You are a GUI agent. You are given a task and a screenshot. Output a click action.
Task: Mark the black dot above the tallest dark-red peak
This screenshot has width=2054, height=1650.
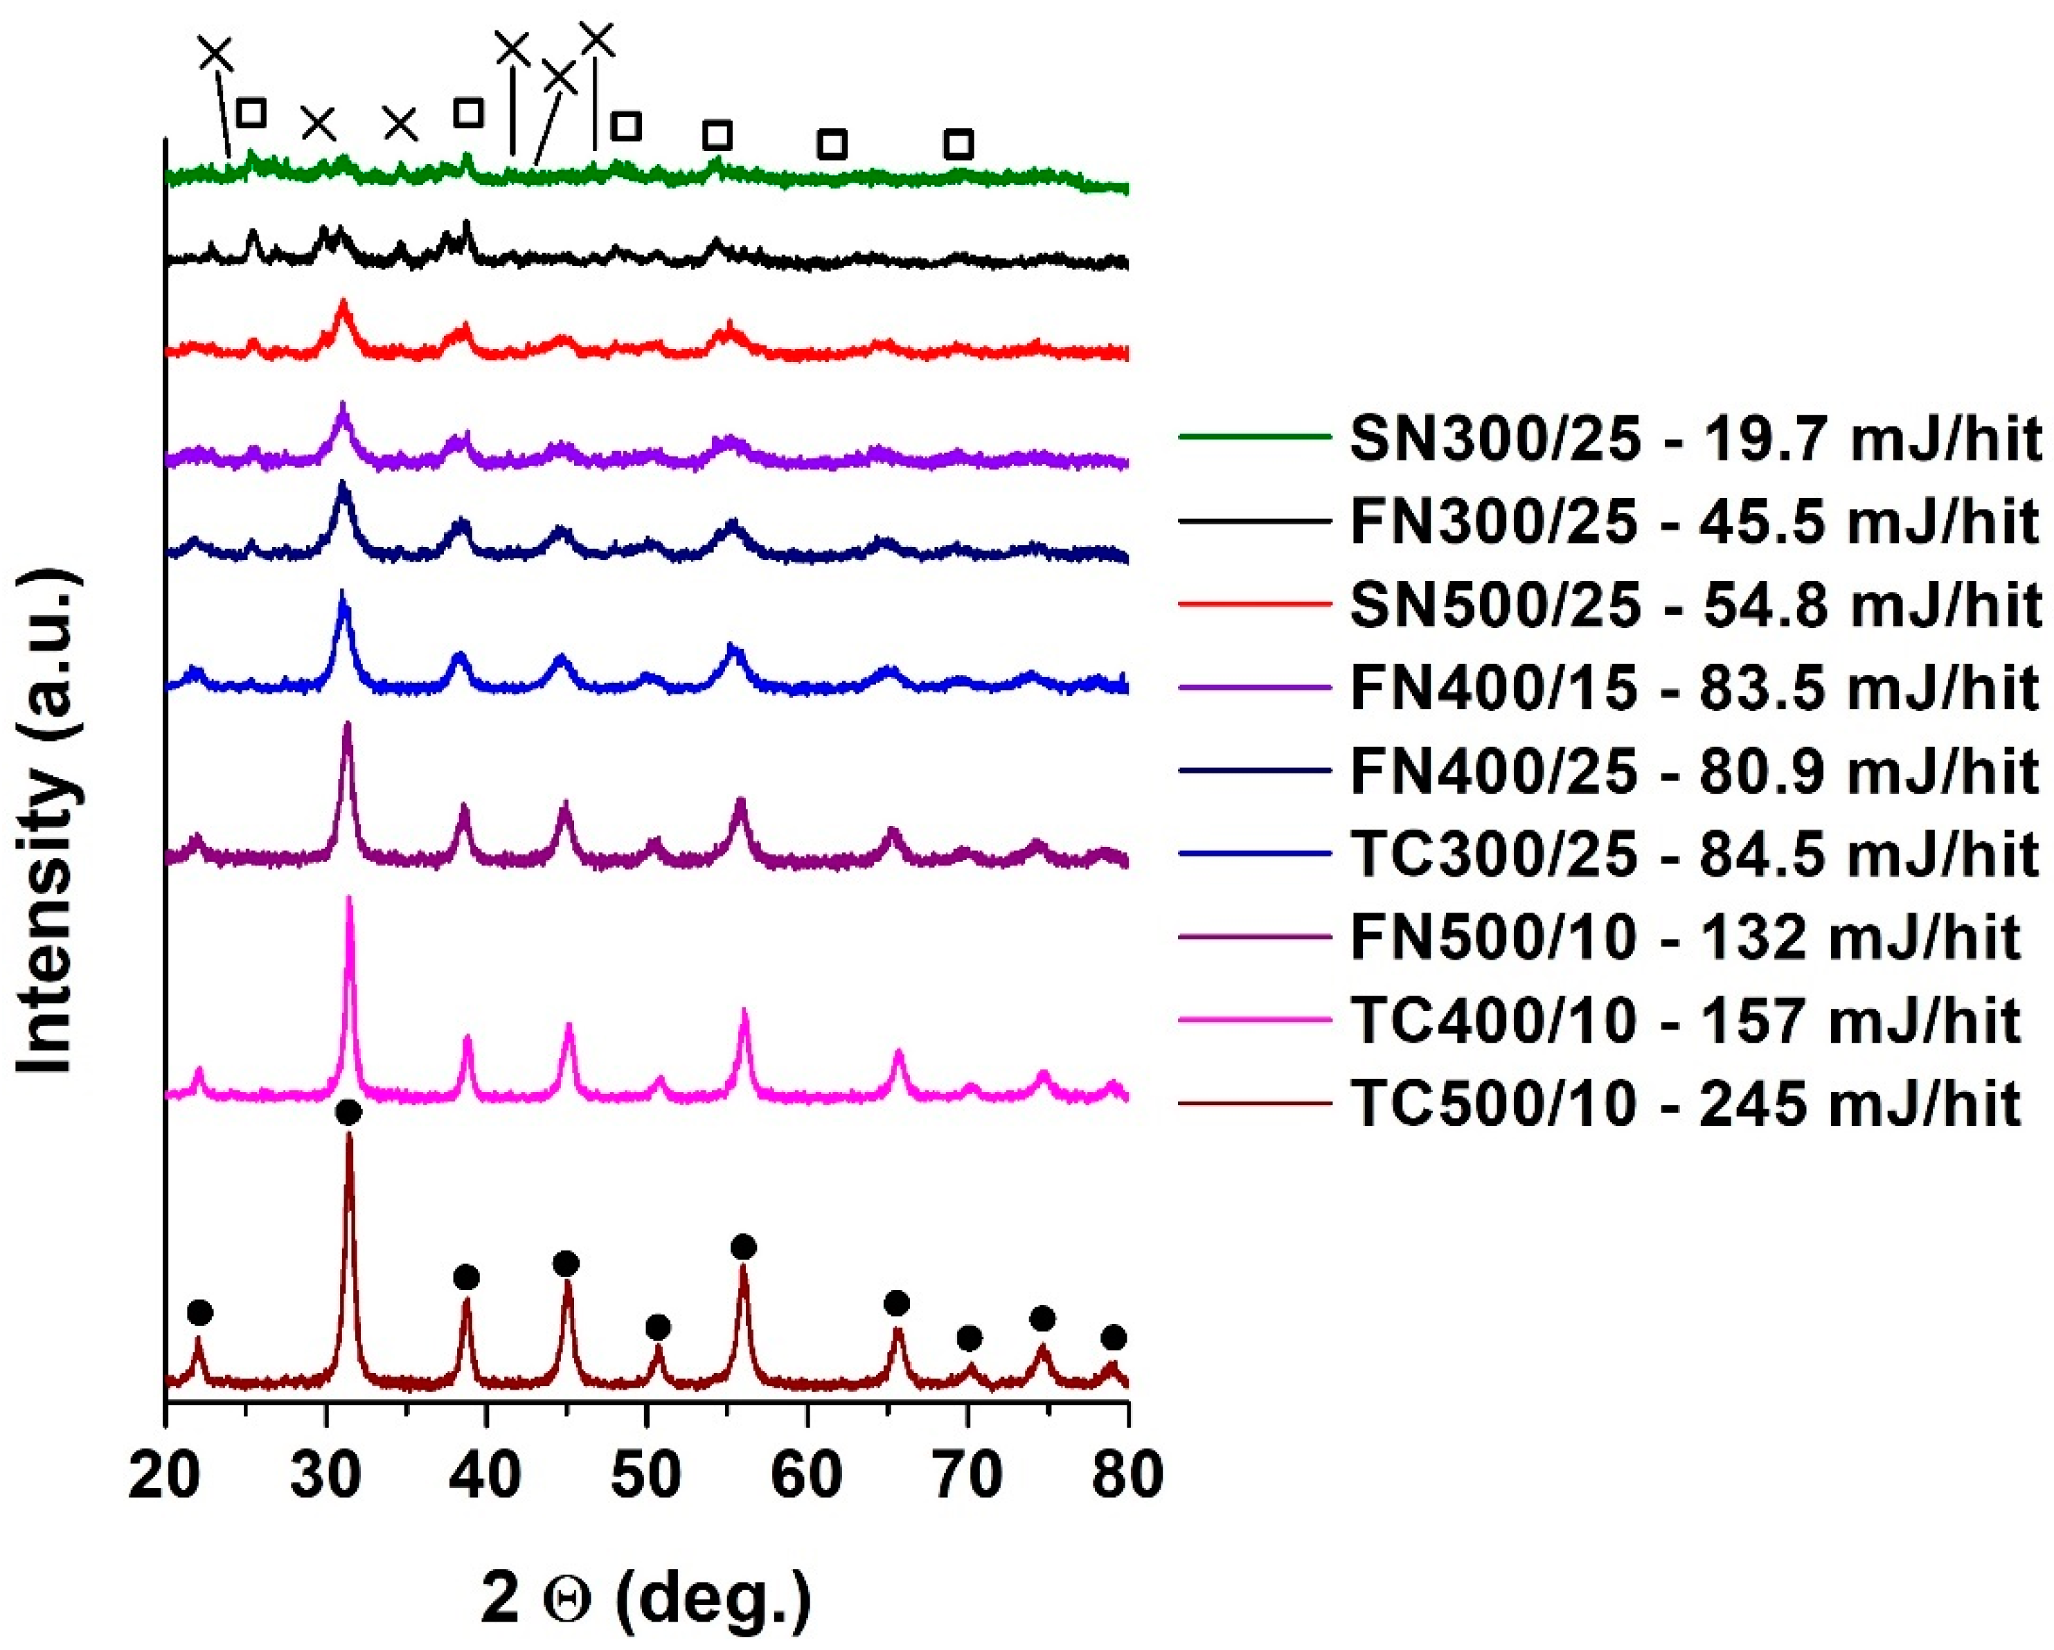(349, 1112)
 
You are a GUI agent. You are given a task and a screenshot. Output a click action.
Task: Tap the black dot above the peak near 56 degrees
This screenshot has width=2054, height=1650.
(744, 1247)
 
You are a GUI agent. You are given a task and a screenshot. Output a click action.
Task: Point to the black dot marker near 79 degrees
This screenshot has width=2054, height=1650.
(1113, 1338)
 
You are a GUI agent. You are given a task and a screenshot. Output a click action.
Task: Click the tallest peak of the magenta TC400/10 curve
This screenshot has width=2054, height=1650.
(350, 900)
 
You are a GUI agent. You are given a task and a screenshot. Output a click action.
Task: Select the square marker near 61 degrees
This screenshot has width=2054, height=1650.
(832, 145)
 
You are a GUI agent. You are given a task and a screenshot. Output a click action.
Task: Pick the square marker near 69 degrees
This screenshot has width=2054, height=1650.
(958, 145)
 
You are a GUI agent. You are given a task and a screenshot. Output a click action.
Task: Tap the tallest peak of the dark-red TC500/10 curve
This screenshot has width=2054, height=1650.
(349, 1138)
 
